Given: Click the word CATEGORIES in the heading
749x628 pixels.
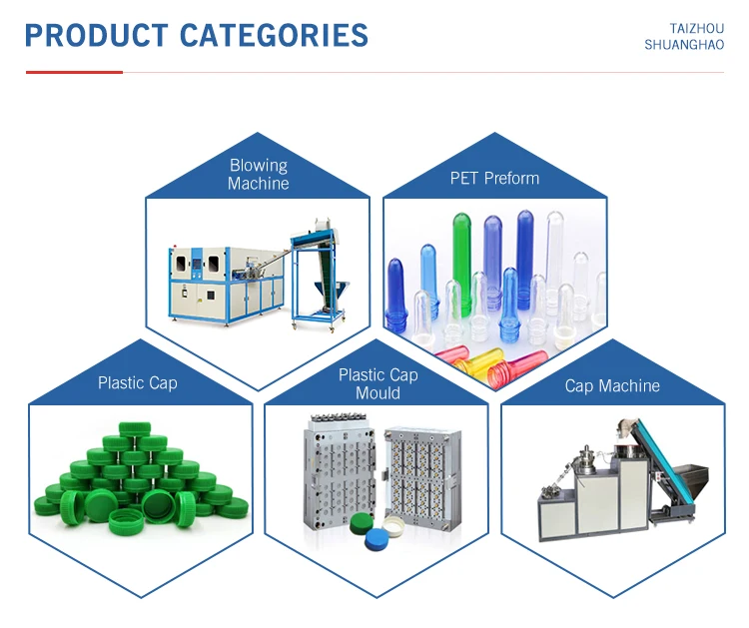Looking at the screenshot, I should click(275, 36).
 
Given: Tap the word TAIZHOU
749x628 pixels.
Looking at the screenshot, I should click(696, 29).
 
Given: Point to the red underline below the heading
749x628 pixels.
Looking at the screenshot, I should click(74, 72).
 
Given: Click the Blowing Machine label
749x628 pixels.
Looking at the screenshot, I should click(258, 175).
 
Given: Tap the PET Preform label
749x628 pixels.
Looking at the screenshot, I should click(494, 179).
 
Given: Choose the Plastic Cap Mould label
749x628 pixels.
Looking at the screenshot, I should click(376, 384).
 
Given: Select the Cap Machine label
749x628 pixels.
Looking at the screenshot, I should click(612, 386).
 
